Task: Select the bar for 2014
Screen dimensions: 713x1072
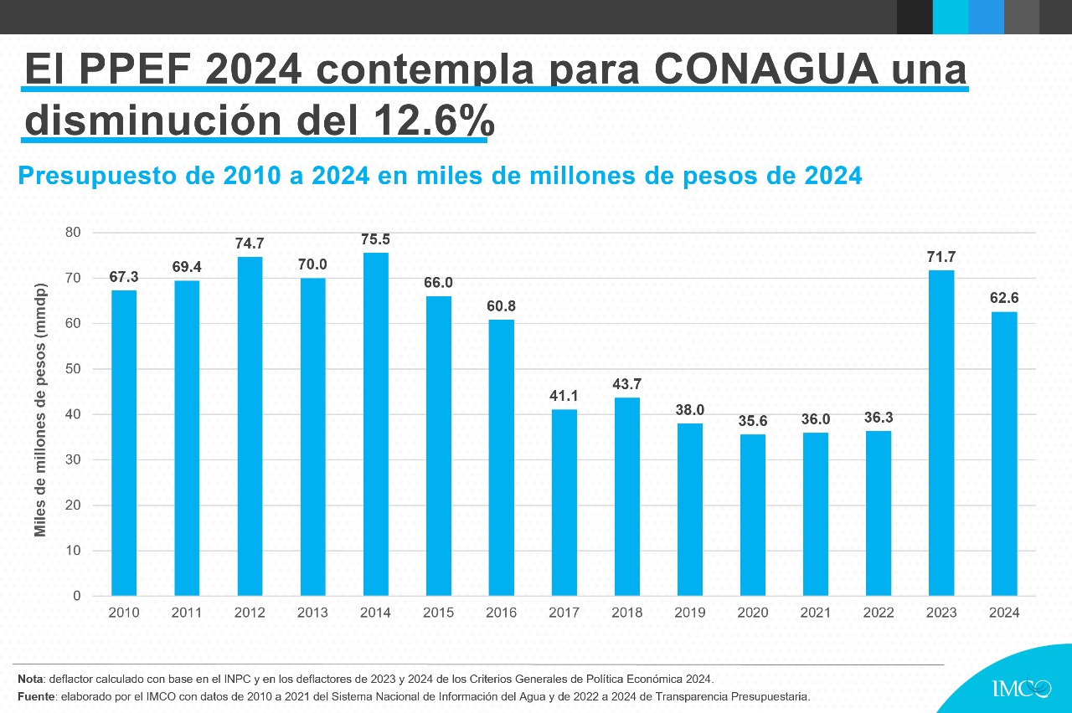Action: click(x=375, y=424)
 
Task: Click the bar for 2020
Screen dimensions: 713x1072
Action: click(x=752, y=515)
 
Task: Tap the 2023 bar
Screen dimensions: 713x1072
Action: click(x=941, y=433)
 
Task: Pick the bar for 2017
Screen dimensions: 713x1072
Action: click(x=564, y=502)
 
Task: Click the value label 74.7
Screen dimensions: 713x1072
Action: click(x=250, y=244)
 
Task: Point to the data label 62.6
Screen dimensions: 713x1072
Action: click(x=1003, y=298)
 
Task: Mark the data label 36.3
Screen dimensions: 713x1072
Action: click(x=878, y=418)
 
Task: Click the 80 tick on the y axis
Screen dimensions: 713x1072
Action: click(x=74, y=233)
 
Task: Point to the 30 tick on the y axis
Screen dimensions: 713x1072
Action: click(x=74, y=459)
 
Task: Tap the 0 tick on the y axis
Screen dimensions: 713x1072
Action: click(x=77, y=596)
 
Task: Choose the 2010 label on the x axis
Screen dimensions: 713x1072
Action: click(x=124, y=613)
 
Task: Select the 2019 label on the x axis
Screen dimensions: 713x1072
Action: click(x=689, y=613)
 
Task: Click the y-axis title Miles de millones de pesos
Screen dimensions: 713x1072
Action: click(x=40, y=410)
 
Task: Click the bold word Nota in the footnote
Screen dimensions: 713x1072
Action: click(x=30, y=678)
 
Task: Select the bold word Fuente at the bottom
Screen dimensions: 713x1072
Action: click(x=35, y=696)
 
